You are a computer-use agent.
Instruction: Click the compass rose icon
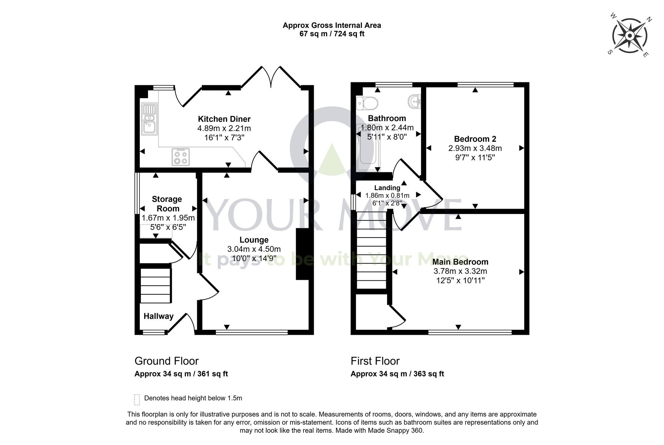tap(629, 36)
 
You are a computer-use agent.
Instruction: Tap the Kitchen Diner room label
tap(224, 119)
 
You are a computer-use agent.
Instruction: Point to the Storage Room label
tap(167, 204)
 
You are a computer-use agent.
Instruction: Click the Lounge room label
tap(254, 240)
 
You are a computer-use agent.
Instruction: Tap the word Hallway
tap(158, 316)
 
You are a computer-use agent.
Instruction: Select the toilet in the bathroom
tap(367, 103)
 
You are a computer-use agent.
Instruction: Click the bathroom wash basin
tap(415, 101)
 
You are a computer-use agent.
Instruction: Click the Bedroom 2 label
tap(475, 139)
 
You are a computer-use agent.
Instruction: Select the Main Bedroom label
tap(460, 262)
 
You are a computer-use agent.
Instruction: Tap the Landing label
tap(387, 188)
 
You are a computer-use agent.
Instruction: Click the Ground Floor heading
tap(166, 361)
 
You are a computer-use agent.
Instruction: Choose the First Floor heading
tap(375, 361)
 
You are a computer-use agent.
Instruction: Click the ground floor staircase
tap(156, 285)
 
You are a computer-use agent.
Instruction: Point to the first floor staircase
tap(372, 251)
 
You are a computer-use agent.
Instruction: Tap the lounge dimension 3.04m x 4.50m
tap(254, 249)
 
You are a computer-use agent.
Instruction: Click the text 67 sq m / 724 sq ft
tap(332, 34)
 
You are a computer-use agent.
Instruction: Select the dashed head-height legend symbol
tap(137, 400)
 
